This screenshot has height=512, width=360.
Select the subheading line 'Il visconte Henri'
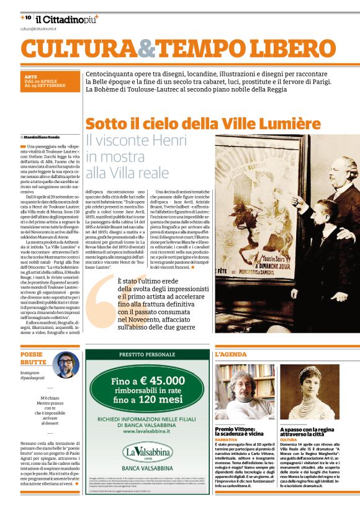coord(135,140)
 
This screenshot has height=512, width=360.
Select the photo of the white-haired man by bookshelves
coord(245,392)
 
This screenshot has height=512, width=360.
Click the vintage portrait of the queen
coord(310,392)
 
